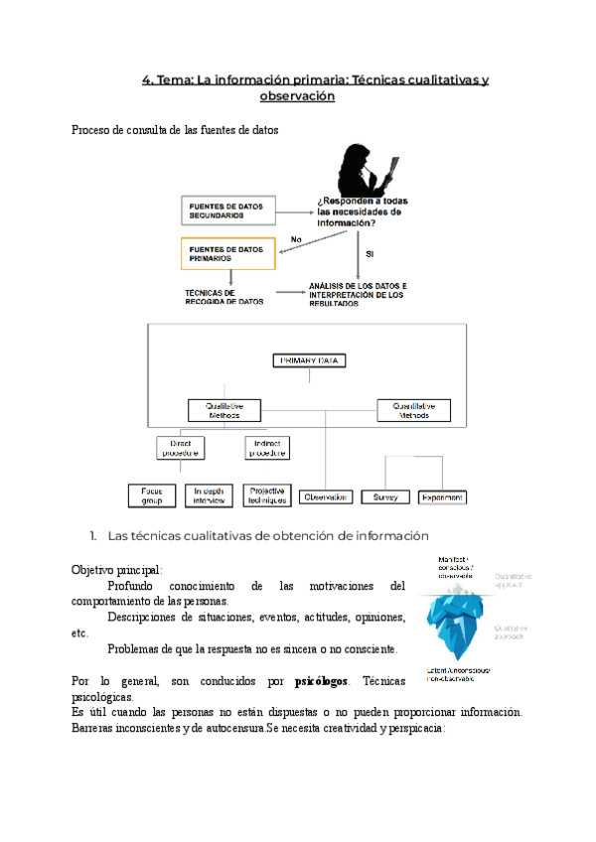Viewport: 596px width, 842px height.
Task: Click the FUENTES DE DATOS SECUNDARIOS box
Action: point(226,210)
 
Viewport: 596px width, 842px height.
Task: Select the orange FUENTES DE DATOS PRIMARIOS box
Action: point(226,253)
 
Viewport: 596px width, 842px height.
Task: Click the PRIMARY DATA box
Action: point(309,360)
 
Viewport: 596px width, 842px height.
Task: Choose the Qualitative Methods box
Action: point(223,410)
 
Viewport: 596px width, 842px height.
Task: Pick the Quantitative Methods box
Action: point(414,410)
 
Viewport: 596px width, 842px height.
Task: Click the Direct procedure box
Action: point(180,448)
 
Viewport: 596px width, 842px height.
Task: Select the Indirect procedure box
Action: point(267,448)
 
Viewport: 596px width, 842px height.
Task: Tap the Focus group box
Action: point(153,494)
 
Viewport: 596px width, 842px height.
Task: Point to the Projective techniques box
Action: point(268,494)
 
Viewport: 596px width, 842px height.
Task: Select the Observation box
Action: point(326,495)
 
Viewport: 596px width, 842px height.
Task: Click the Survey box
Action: point(384,495)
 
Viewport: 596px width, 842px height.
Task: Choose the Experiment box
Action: point(442,495)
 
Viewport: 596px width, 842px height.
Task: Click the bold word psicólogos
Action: point(322,682)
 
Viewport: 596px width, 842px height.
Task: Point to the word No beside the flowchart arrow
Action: point(295,239)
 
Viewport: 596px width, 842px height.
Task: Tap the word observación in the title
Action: point(296,96)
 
